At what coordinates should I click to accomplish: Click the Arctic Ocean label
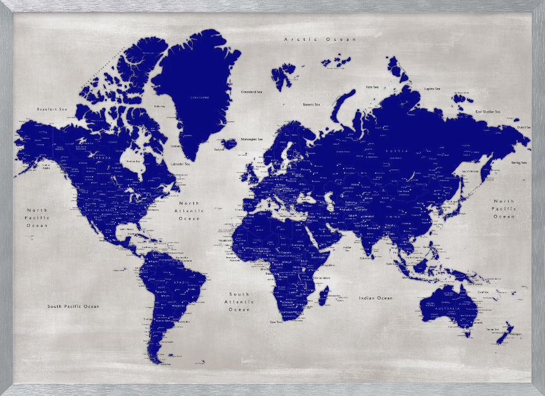coord(320,39)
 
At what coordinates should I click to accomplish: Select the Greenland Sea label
coord(251,92)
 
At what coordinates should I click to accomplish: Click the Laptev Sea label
coord(432,88)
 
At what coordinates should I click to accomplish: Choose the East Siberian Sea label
coord(488,112)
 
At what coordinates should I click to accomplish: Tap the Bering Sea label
coord(519,162)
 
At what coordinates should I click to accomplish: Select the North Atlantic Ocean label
coord(189,211)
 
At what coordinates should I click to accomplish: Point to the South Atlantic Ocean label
coord(239,301)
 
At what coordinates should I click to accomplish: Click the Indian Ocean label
coord(376,298)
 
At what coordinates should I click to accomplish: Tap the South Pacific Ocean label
coord(73,306)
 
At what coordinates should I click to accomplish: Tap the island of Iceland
coord(228,144)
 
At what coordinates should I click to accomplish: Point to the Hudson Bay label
coord(133,161)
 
